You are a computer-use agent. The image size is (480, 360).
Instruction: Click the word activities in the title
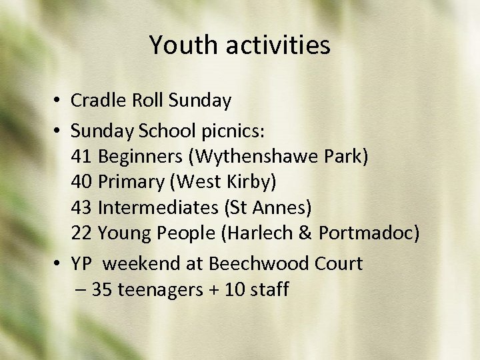click(x=278, y=45)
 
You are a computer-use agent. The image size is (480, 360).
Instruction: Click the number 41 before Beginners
click(x=81, y=157)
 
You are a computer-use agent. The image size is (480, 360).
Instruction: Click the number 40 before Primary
click(x=81, y=181)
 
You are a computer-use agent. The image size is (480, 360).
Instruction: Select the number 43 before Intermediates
click(x=81, y=208)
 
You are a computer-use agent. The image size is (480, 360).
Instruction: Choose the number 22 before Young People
click(x=81, y=234)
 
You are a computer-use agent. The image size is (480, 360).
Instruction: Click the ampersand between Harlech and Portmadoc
click(x=307, y=234)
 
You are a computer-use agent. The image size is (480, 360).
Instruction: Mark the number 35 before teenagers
click(x=101, y=290)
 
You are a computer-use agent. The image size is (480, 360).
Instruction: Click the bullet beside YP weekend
click(x=58, y=264)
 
